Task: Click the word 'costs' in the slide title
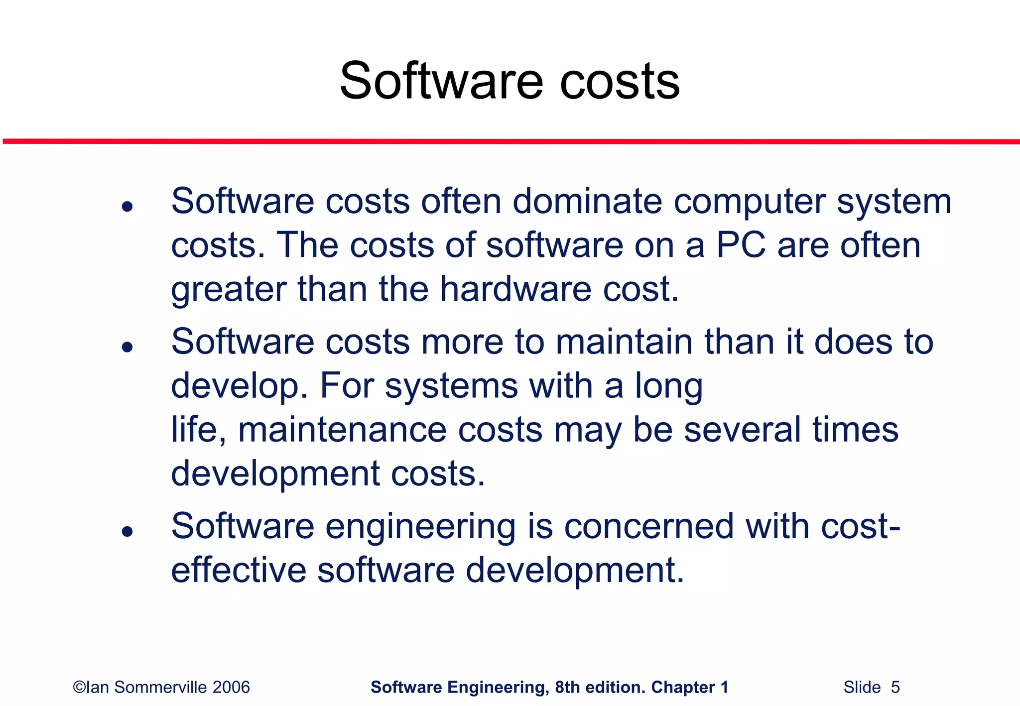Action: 620,82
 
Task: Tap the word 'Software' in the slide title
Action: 441,82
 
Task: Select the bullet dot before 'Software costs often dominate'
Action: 127,206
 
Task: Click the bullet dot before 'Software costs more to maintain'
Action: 127,347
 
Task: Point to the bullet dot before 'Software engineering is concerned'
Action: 127,531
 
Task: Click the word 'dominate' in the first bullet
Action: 587,202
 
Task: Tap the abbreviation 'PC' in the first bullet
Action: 741,245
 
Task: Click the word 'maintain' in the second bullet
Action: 625,343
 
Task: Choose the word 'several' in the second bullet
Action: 742,430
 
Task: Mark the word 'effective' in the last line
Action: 239,571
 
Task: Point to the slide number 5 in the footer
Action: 895,688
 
